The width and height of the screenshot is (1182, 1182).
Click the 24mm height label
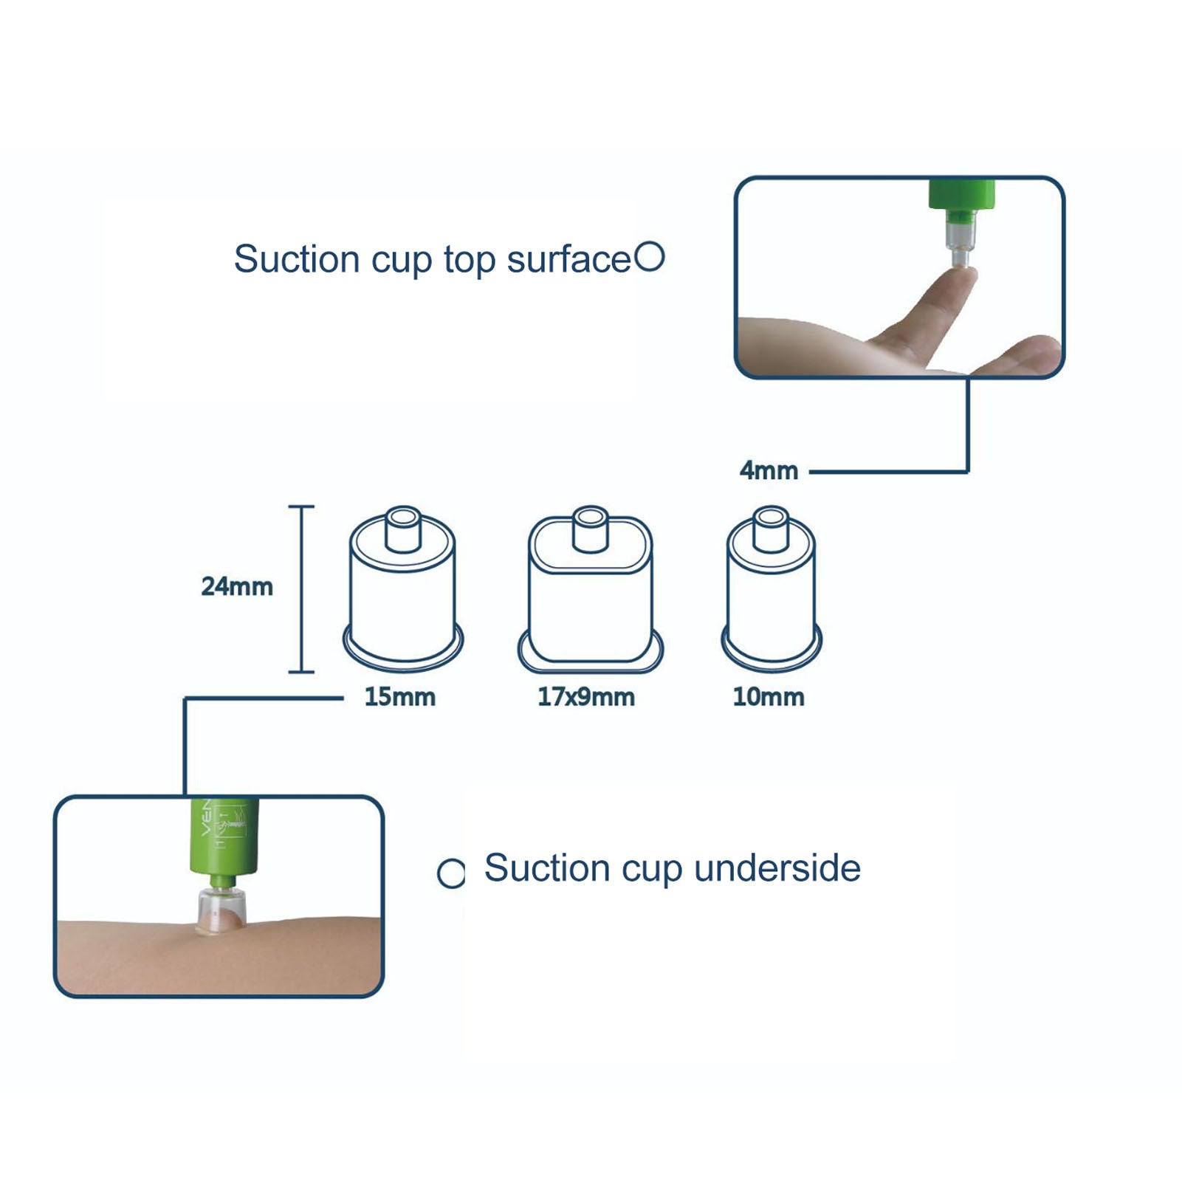pos(237,586)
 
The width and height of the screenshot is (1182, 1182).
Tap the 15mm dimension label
pos(399,697)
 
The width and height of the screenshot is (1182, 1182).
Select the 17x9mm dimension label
pos(586,697)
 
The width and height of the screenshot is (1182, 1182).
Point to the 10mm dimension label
pos(769,697)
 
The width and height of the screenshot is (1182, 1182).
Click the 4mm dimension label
pos(769,470)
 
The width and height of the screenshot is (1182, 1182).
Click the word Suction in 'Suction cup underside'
pos(547,868)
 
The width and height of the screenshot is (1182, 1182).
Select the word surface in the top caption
pos(568,259)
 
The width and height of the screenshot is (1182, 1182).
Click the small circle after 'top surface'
pos(650,257)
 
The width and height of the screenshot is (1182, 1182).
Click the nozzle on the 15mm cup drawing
pos(403,529)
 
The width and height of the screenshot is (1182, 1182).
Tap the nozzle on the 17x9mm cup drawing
pos(590,529)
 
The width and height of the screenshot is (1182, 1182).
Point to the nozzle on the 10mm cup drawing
pos(770,529)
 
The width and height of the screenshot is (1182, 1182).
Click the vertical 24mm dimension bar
pos(301,589)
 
